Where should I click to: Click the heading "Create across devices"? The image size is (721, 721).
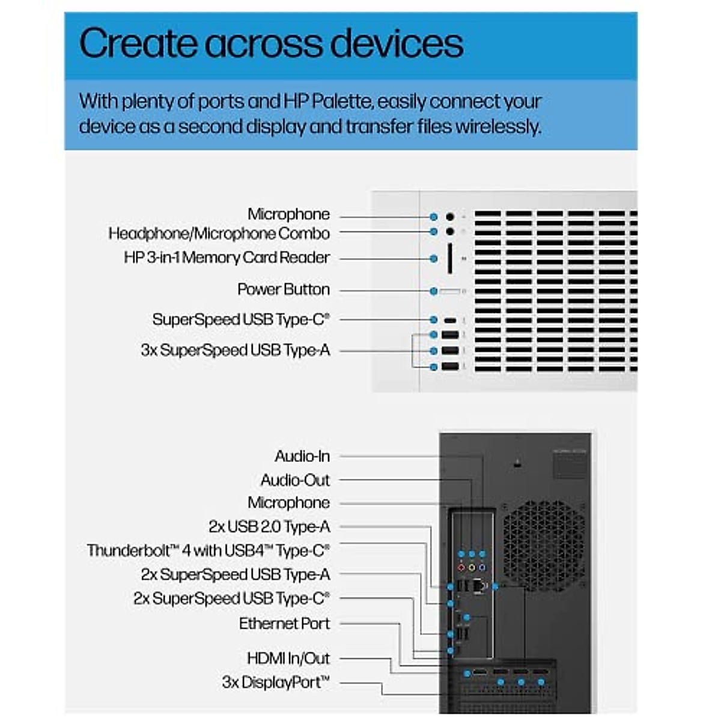coord(271,43)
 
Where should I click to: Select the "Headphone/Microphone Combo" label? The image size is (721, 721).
coord(219,233)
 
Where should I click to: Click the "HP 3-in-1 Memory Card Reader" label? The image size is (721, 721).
coord(227,258)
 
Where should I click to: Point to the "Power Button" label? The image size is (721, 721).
coord(284,290)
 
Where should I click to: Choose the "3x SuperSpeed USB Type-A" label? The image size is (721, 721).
coord(236,350)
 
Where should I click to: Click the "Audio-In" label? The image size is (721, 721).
coord(302,456)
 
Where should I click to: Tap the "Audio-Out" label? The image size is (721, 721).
coord(295,480)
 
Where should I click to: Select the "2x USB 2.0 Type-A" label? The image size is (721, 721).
coord(269,527)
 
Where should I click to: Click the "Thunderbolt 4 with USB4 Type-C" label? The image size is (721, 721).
coord(208,550)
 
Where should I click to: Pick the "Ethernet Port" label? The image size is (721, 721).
coord(284,624)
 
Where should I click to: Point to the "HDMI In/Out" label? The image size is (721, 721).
coord(288,659)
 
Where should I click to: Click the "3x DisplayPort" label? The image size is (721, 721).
coord(276,683)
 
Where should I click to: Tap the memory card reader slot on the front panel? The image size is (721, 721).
coord(449,258)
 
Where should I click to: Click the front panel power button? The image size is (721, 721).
coord(449,291)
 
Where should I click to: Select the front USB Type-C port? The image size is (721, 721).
coord(450,320)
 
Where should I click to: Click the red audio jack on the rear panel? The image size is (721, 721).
coord(461,567)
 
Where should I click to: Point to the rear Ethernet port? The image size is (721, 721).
coord(479,586)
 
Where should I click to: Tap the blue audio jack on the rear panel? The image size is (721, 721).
coord(482,567)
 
